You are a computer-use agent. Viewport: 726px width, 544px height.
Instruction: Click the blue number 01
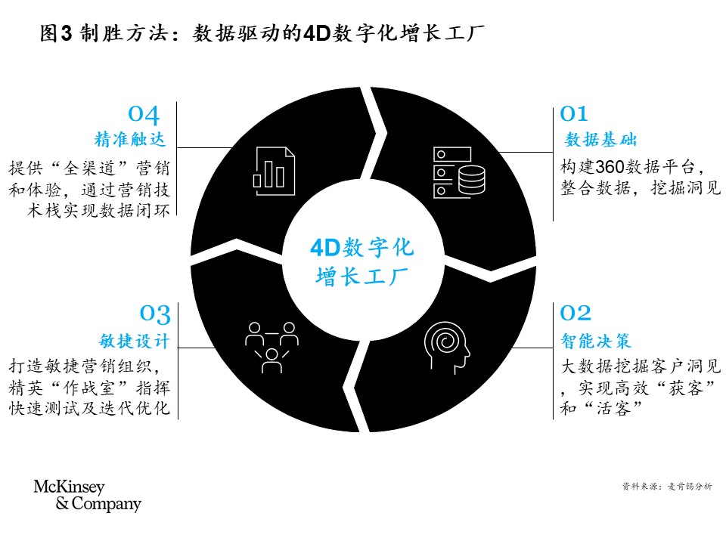[x=574, y=114]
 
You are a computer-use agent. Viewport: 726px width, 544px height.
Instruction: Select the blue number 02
[x=576, y=313]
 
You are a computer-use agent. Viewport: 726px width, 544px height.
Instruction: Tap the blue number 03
[x=155, y=314]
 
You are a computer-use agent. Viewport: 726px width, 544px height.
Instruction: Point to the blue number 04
[x=144, y=115]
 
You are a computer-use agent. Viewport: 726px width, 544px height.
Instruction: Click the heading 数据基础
[x=600, y=139]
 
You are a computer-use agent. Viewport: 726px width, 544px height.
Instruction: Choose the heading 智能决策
[x=596, y=341]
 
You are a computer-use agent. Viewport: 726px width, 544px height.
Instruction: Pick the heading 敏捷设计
[x=135, y=341]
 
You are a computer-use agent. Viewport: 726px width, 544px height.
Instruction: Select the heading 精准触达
[x=130, y=139]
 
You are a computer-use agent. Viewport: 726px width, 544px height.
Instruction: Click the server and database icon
[x=459, y=172]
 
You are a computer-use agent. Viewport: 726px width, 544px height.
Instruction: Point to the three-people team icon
[x=271, y=348]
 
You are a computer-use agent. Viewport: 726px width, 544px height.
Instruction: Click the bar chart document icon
[x=274, y=172]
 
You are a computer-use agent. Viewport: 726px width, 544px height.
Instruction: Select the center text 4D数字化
[x=362, y=248]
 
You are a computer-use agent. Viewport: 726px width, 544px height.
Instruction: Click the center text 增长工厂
[x=362, y=277]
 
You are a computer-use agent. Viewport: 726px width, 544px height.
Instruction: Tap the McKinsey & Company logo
[x=88, y=496]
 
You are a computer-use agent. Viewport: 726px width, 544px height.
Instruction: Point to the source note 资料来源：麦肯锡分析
[x=667, y=486]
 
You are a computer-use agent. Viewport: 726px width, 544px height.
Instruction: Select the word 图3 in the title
[x=56, y=33]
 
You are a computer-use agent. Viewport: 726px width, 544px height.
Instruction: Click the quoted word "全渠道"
[x=95, y=168]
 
